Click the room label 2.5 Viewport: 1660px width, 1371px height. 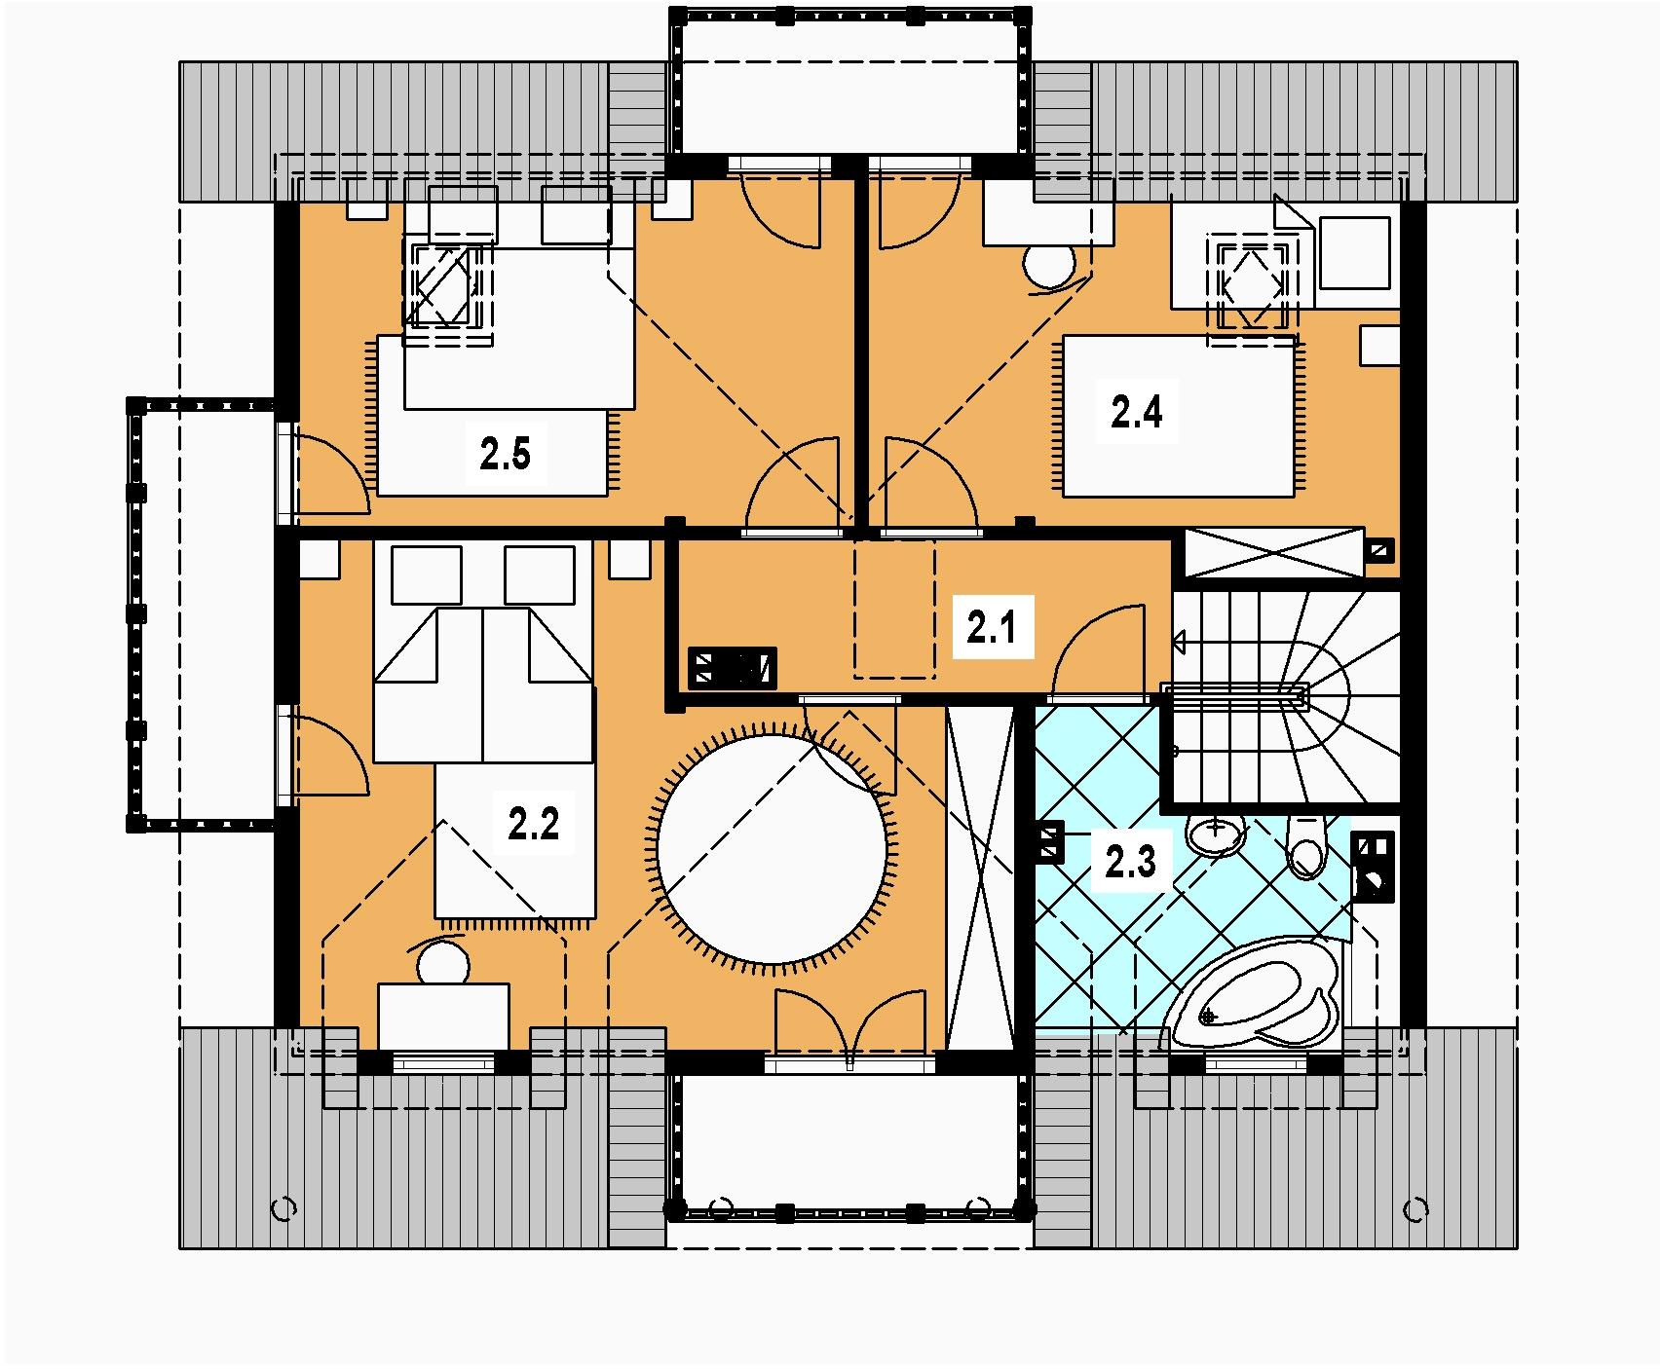(x=505, y=455)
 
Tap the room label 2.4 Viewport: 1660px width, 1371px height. (x=1137, y=413)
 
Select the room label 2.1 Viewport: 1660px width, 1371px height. (x=992, y=628)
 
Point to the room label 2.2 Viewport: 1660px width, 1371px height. (x=533, y=825)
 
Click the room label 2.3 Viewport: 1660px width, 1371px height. (x=1130, y=862)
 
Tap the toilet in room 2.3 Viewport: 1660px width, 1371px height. (x=1306, y=843)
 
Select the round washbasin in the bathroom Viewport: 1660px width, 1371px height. (x=1216, y=834)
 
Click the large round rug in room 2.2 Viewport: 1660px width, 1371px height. (x=773, y=845)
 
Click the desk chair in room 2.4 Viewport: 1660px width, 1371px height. (x=1048, y=265)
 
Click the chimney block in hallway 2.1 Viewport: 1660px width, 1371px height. (x=733, y=668)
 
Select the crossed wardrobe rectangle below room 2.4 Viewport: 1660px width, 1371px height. (x=1274, y=552)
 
